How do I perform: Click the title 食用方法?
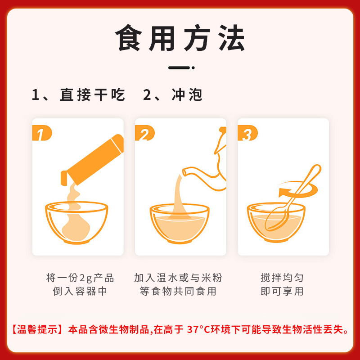click(180, 38)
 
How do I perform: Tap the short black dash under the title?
click(180, 68)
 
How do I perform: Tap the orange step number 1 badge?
click(42, 134)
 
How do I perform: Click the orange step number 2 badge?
click(144, 134)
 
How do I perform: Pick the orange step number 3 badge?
click(247, 134)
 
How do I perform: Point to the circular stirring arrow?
click(297, 189)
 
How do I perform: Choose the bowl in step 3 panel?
click(274, 223)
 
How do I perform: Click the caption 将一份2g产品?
click(80, 278)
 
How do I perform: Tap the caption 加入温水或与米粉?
click(178, 278)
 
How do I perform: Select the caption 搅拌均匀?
click(282, 278)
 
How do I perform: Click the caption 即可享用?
click(282, 291)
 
